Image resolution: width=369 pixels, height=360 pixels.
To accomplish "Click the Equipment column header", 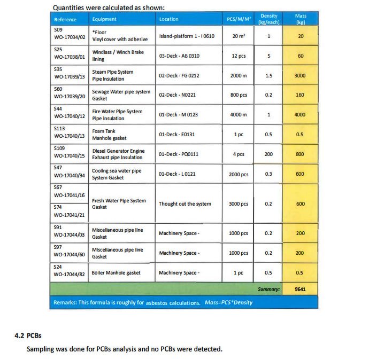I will pos(101,19).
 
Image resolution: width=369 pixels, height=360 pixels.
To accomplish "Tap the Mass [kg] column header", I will pos(301,19).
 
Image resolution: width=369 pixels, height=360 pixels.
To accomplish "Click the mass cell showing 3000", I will pos(300,76).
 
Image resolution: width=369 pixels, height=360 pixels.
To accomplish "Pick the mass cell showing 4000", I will pos(300,115).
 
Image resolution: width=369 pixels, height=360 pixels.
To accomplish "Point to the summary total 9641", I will pos(300,289).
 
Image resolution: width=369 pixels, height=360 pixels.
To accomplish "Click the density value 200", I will pos(268,154).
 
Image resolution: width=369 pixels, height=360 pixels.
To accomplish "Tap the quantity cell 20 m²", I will pos(239,36).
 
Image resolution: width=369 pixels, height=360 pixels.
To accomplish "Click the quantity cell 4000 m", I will pos(239,115).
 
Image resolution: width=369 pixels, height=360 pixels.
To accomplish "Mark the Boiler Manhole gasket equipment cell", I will pos(116,273).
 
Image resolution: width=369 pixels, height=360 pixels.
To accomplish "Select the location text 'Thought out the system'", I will pos(185,204).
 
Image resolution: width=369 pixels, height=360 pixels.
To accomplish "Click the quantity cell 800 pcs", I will pos(239,95).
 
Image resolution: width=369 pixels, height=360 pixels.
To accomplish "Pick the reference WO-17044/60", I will pos(70,256).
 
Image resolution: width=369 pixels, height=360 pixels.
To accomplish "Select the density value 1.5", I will pos(268,76).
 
